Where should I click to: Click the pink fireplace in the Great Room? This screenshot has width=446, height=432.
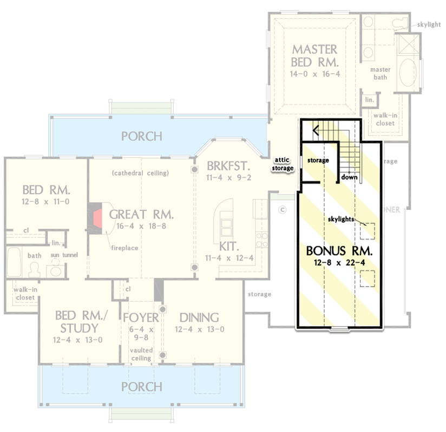coord(98,218)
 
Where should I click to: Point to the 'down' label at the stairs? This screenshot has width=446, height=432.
coord(348,176)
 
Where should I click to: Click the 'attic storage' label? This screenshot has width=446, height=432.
coord(284,164)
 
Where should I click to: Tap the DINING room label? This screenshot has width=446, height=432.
coord(199,317)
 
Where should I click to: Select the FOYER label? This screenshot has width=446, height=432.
coord(141,317)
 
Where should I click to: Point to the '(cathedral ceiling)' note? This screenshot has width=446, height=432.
coord(141,173)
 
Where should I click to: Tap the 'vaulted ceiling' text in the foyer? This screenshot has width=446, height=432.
coord(141,355)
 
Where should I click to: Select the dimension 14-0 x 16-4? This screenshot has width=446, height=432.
coord(314,74)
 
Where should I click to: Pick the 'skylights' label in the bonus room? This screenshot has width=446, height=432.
coord(343,219)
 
